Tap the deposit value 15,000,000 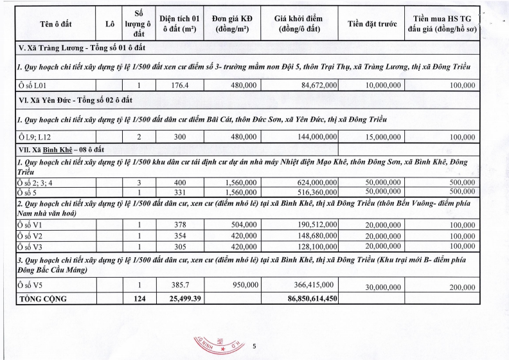[x=383, y=137]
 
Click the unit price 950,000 [x=243, y=284]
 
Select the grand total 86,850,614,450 [x=306, y=298]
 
